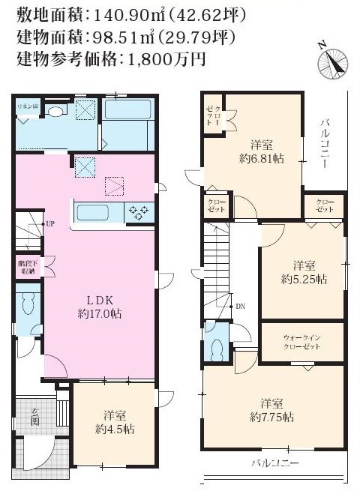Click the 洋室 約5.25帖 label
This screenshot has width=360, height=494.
(304, 271)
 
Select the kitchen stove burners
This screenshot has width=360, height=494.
(139, 212)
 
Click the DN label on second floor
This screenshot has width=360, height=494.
(240, 307)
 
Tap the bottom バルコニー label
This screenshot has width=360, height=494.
(275, 463)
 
